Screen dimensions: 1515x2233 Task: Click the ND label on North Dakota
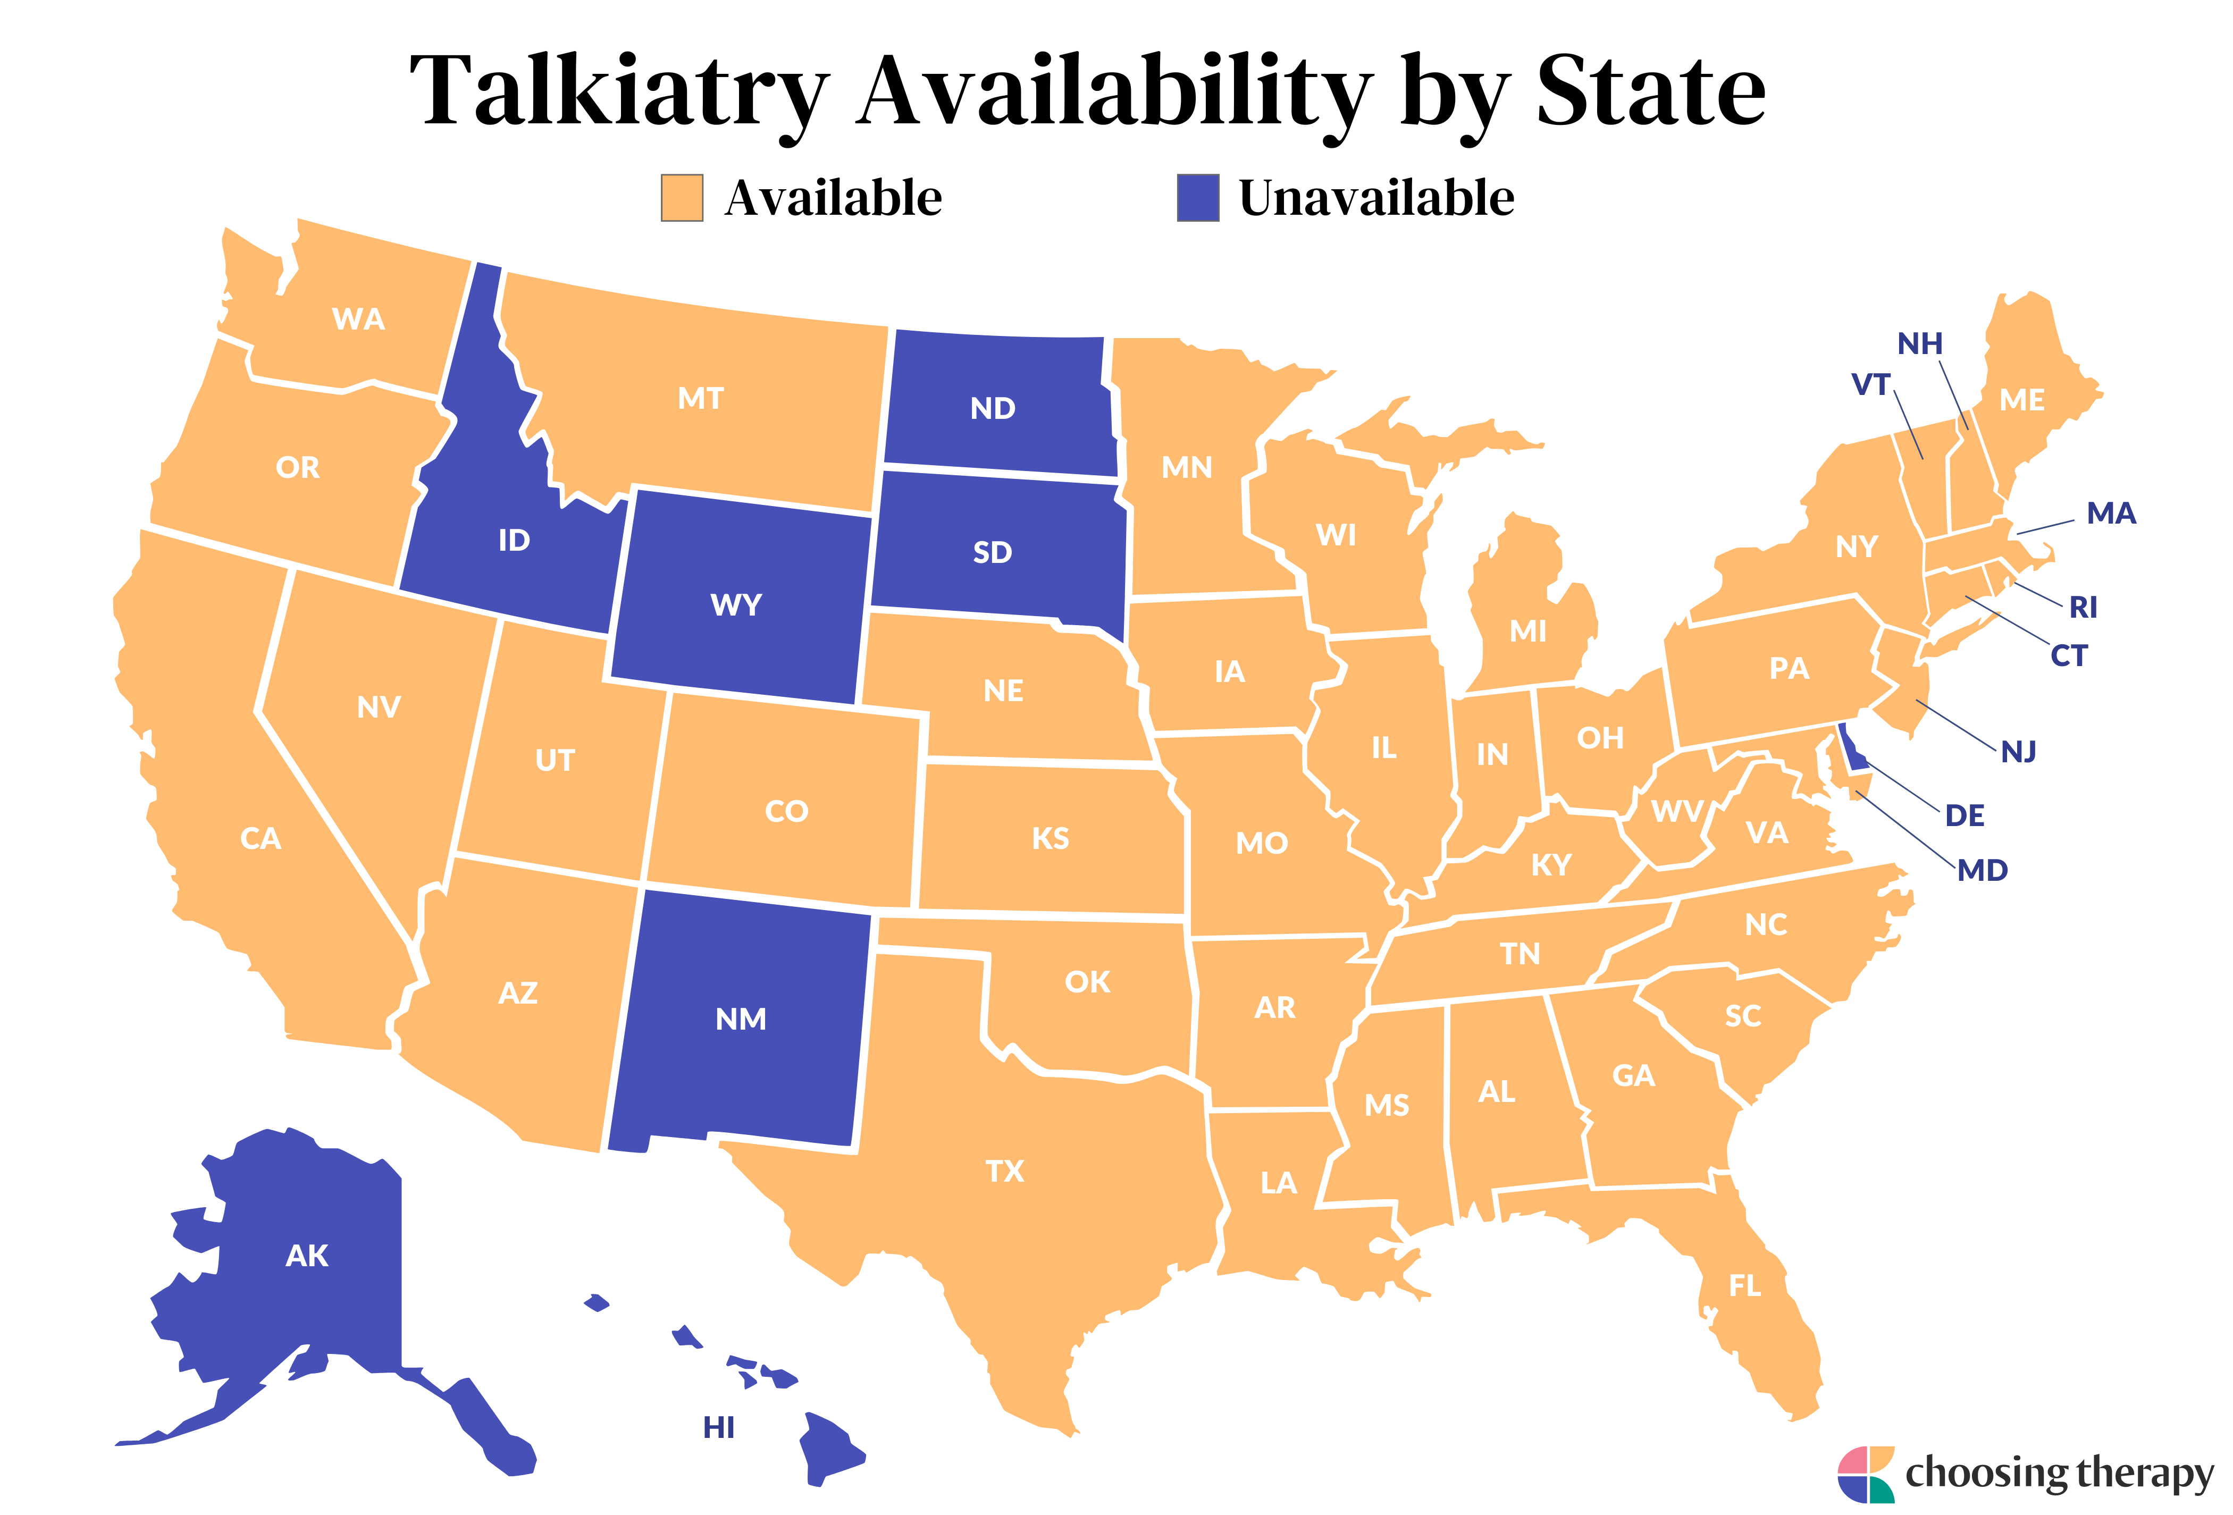pyautogui.click(x=993, y=408)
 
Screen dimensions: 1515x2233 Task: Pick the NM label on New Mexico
pyautogui.click(x=741, y=1019)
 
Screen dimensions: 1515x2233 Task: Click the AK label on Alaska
pyautogui.click(x=307, y=1256)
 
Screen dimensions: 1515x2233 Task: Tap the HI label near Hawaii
pyautogui.click(x=719, y=1428)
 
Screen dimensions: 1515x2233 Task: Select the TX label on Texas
pyautogui.click(x=1005, y=1171)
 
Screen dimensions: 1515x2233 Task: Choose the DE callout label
pyautogui.click(x=1964, y=815)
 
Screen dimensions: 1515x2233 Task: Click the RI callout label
pyautogui.click(x=2083, y=607)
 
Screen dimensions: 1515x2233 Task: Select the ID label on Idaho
pyautogui.click(x=514, y=540)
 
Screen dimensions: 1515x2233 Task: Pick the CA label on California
pyautogui.click(x=261, y=839)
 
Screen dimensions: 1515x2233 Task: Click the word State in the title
pyautogui.click(x=1651, y=91)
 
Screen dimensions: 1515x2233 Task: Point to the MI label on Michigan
pyautogui.click(x=1527, y=631)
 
